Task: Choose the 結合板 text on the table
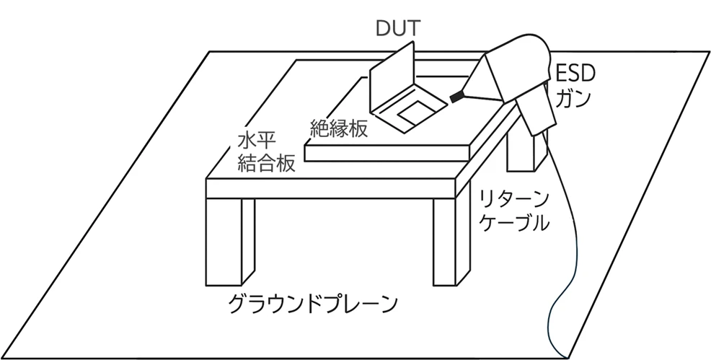tap(266, 163)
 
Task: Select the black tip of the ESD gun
tap(456, 95)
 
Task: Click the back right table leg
tap(523, 152)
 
